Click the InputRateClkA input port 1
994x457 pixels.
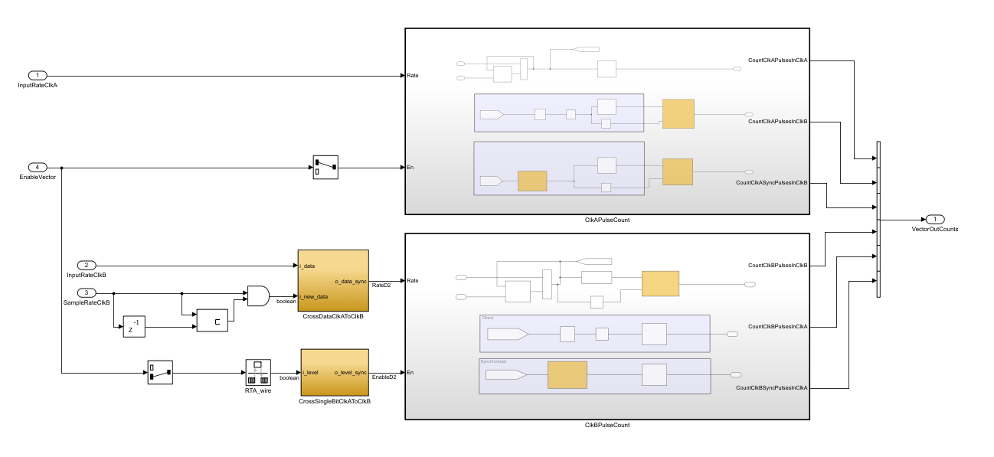click(x=38, y=75)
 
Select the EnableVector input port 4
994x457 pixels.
click(x=38, y=167)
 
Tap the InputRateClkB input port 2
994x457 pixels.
click(x=86, y=265)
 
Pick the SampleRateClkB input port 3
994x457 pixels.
click(x=86, y=292)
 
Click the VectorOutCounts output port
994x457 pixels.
click(x=934, y=219)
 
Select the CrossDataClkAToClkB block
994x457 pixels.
click(x=333, y=280)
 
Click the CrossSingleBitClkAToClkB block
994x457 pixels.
click(x=335, y=373)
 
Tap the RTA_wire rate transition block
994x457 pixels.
click(x=257, y=372)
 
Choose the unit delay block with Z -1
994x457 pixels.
click(x=134, y=326)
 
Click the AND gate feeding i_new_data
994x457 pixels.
click(x=258, y=296)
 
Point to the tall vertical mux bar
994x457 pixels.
click(x=878, y=219)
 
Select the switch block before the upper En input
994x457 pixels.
click(x=325, y=167)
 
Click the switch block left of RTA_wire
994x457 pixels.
click(x=160, y=373)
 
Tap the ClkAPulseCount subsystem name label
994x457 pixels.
click(x=607, y=220)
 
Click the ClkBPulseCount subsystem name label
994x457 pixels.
click(x=607, y=425)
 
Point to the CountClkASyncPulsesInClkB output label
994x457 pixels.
click(x=771, y=183)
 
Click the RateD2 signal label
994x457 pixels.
click(x=381, y=286)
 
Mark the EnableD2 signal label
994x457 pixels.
click(x=384, y=377)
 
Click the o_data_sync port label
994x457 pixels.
click(x=351, y=281)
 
